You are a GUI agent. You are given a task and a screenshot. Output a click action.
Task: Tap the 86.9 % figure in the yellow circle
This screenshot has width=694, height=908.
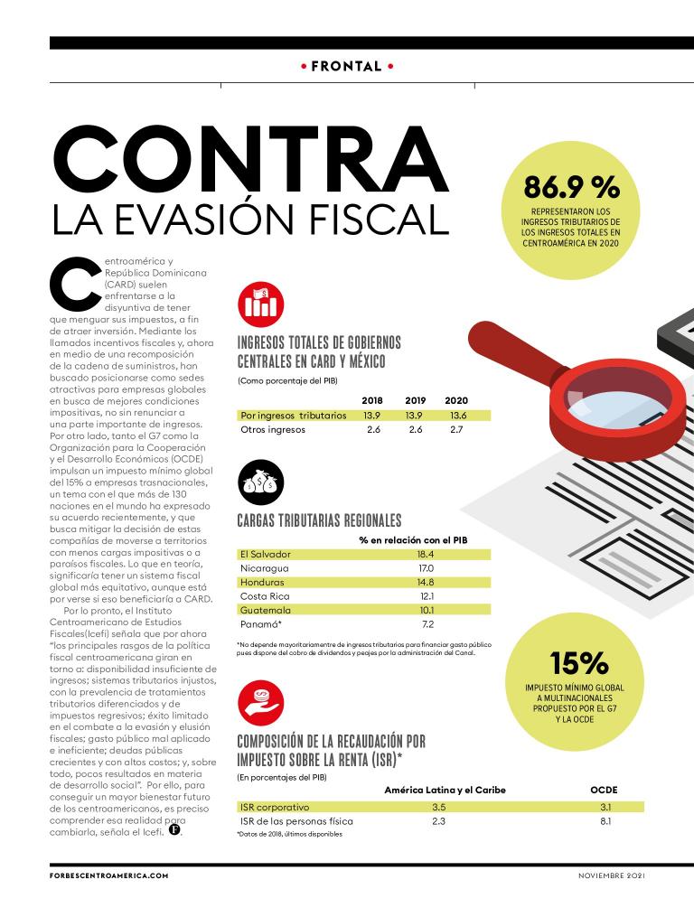(x=572, y=188)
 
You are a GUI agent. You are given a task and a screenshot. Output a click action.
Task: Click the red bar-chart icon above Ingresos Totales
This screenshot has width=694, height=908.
(x=259, y=305)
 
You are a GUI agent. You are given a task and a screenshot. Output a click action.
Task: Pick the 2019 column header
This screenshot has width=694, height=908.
(x=415, y=400)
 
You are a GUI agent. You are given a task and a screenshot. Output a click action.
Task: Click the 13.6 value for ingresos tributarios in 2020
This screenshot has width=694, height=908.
(x=458, y=415)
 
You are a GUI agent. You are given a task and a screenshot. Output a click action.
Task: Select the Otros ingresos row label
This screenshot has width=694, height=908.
(x=273, y=429)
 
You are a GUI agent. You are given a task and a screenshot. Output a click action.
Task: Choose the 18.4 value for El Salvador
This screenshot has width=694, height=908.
(x=426, y=553)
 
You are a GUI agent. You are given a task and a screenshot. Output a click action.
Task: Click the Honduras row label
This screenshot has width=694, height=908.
(x=263, y=582)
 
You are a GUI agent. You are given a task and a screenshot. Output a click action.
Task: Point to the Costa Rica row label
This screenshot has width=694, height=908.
(x=266, y=596)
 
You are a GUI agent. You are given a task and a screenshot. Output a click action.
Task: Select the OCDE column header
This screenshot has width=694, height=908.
(x=604, y=790)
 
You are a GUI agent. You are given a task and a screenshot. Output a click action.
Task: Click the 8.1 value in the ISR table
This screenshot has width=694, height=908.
(x=605, y=821)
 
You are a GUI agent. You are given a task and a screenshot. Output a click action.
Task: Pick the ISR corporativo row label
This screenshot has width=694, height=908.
(x=275, y=806)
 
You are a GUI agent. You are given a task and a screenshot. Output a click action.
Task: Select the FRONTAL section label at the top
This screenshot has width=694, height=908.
(x=347, y=66)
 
